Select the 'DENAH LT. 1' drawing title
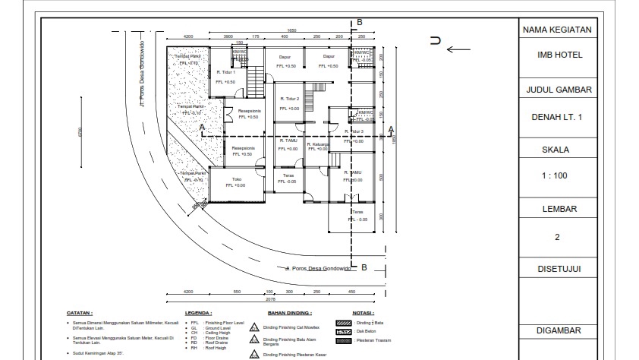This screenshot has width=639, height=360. click(556, 117)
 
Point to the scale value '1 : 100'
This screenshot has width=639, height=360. click(556, 176)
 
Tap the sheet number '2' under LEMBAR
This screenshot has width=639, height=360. click(556, 237)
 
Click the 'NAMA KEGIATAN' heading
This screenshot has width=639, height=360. click(556, 30)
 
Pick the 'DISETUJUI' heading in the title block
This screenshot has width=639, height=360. click(556, 268)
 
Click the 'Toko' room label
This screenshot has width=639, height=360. click(236, 179)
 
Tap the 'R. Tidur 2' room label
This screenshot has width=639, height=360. click(289, 99)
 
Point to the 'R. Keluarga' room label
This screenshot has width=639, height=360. click(317, 144)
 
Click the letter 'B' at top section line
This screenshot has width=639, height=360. click(360, 22)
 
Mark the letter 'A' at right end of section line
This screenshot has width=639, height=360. click(391, 129)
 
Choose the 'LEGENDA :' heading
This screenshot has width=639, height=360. click(199, 312)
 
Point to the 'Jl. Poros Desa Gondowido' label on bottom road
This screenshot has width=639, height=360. click(319, 269)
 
